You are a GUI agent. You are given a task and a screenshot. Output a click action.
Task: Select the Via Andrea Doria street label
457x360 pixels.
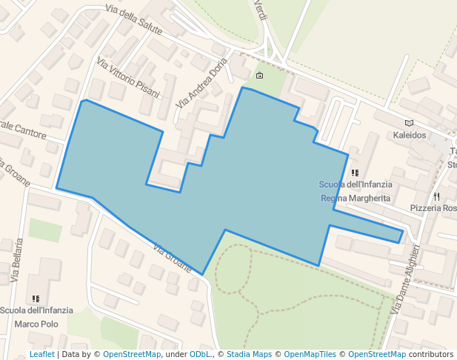tap(201, 82)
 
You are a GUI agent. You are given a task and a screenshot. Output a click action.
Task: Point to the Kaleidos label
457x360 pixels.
tap(410, 136)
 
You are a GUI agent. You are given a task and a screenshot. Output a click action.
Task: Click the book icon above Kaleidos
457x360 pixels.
tap(410, 123)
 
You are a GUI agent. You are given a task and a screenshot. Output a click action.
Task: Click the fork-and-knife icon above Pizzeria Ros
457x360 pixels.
tap(437, 196)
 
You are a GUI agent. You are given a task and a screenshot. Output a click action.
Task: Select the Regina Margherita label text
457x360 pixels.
tap(356, 199)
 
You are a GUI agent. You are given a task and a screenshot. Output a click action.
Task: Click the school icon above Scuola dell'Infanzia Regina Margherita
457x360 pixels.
tap(356, 173)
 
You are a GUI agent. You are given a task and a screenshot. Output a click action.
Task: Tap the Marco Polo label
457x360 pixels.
tap(36, 324)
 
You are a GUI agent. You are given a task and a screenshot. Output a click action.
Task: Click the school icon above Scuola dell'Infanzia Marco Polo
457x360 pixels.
tap(36, 299)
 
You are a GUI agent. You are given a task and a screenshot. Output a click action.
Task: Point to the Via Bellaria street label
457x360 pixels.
tap(17, 261)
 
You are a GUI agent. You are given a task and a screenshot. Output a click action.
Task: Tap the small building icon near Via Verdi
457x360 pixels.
tap(259, 76)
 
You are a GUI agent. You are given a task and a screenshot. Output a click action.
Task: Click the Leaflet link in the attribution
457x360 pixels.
tap(41, 355)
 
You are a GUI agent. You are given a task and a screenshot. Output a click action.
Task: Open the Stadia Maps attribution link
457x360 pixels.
tap(251, 355)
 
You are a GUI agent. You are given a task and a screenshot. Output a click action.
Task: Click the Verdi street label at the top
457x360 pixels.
tap(260, 10)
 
